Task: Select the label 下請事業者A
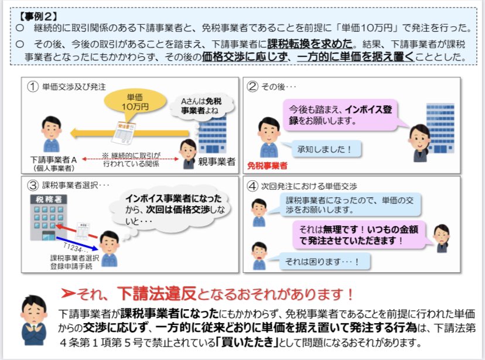click(x=54, y=160)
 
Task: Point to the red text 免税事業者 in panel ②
click(x=268, y=166)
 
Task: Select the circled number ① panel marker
click(x=33, y=86)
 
